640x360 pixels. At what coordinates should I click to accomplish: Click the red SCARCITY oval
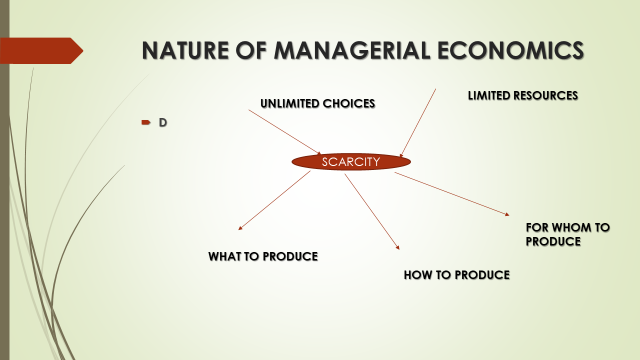point(351,161)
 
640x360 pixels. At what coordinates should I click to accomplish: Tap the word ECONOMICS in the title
point(514,50)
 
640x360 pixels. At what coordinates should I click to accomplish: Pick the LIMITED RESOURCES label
point(523,95)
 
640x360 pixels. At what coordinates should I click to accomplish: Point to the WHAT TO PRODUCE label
point(263,256)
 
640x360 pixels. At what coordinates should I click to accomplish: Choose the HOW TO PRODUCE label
point(457,274)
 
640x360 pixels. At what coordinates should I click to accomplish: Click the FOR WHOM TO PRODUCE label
point(567,234)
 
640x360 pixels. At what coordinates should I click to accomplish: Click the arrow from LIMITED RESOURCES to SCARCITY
point(418,123)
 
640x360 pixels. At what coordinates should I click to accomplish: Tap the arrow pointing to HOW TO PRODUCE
point(372,211)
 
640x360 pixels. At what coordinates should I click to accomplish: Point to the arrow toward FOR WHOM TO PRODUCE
point(452,192)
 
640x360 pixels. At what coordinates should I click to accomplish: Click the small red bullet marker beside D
point(145,122)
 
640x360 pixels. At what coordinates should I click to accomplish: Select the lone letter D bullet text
point(162,122)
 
